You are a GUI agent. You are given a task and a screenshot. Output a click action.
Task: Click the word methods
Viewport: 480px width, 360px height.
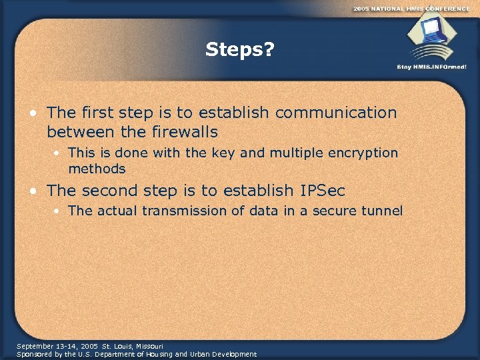pos(97,169)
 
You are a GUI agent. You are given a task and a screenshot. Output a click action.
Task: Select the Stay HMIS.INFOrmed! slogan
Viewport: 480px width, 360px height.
pos(431,67)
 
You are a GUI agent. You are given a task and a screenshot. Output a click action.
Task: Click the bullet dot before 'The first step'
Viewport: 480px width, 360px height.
pos(33,113)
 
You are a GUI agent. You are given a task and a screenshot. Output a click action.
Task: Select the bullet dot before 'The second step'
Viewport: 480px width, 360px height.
pos(33,191)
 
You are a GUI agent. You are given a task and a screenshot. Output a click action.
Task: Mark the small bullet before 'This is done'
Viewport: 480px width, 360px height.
pos(59,153)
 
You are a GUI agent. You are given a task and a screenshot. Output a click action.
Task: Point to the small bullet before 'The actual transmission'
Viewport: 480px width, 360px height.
pos(59,211)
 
